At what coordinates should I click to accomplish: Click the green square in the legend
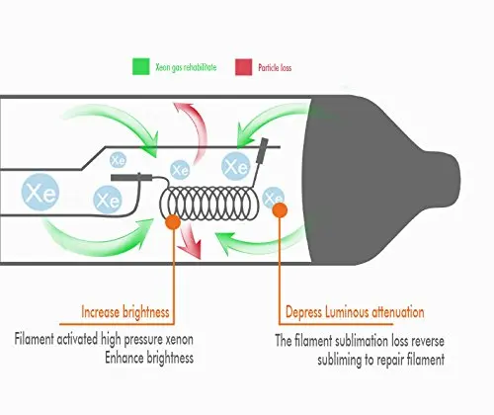coord(141,66)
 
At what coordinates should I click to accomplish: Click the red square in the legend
coord(244,67)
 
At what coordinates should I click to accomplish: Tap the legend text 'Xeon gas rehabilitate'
coord(186,67)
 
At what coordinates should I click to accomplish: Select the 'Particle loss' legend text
coord(275,68)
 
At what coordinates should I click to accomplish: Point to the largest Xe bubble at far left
coord(41,192)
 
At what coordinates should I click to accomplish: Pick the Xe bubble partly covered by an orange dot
coord(274,198)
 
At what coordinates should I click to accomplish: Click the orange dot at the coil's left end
coord(173,221)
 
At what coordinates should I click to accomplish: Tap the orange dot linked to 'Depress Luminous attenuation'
coord(280,210)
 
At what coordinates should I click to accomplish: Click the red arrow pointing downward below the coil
coord(192,240)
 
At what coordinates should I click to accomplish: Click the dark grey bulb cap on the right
coord(378,180)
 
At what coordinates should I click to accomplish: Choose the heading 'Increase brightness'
coord(125,312)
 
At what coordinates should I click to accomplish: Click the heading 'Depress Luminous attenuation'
coord(355,312)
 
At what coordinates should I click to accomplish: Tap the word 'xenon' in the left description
coord(179,340)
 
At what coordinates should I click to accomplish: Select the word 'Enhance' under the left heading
coord(124,358)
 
